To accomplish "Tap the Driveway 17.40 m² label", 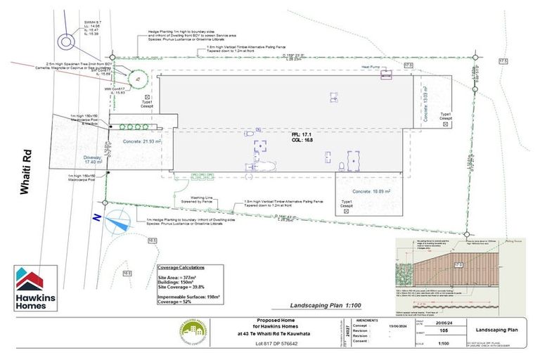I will click(x=93, y=160).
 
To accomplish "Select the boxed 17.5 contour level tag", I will click(x=503, y=63).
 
